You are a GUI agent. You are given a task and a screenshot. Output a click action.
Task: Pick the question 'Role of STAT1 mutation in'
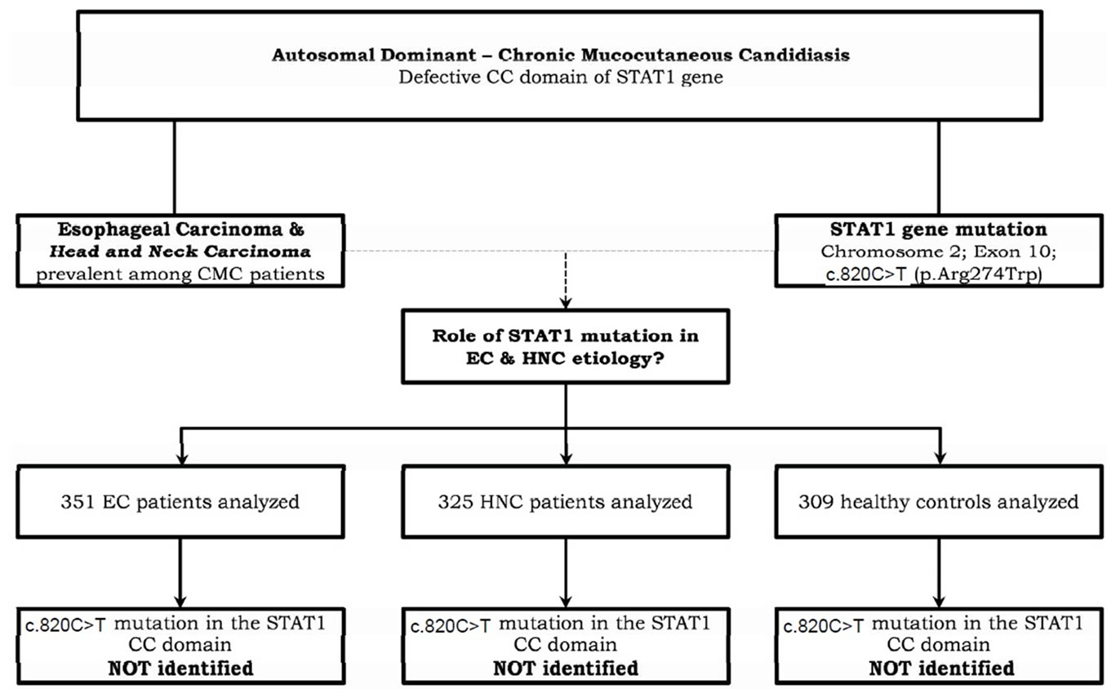tap(564, 336)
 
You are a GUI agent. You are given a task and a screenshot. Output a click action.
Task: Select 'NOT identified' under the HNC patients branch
tap(564, 668)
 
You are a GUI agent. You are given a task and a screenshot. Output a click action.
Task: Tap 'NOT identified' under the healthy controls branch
tap(940, 668)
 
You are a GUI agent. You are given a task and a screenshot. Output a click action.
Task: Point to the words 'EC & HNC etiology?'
tap(564, 359)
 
